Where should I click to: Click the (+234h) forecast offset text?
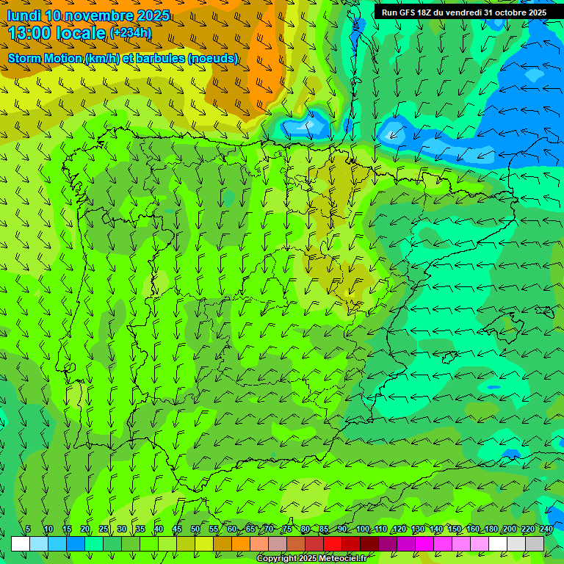point(130,33)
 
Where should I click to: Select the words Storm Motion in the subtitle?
point(44,58)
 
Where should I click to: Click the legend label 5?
point(28,529)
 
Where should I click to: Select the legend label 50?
point(195,529)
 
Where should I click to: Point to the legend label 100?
point(363,529)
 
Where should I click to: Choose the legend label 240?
point(546,529)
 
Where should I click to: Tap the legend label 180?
point(491,529)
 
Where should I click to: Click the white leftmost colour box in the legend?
point(21,543)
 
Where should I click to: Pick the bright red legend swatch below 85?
point(333,543)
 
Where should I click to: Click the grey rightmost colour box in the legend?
point(535,543)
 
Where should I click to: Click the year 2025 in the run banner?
point(537,12)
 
